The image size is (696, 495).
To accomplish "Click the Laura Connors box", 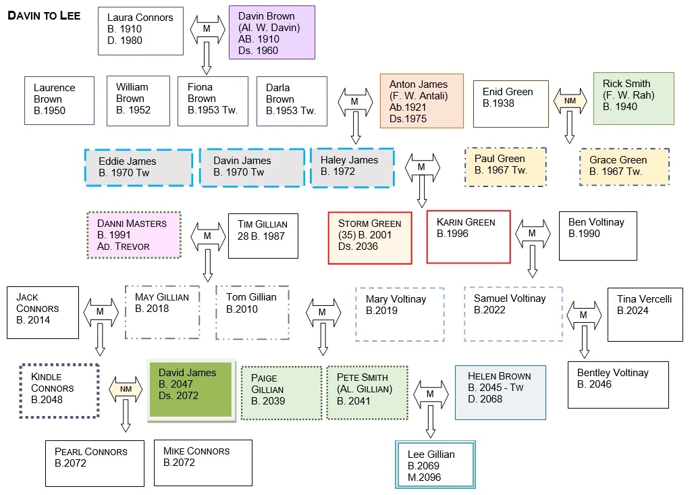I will tap(140, 31).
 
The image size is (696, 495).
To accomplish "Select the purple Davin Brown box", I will tap(271, 32).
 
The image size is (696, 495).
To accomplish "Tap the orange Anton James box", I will tap(421, 101).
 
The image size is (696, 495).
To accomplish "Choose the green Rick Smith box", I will tap(633, 99).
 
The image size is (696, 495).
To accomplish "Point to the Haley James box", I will tap(352, 166).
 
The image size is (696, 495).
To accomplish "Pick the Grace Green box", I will tap(624, 167).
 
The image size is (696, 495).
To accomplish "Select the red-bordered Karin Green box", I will tap(469, 236).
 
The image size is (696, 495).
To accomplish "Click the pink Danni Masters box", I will tap(134, 235).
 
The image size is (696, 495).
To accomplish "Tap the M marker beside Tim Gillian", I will tap(207, 236).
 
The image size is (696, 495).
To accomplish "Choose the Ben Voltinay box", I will tap(598, 236).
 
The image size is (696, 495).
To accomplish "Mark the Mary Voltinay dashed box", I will tap(400, 314).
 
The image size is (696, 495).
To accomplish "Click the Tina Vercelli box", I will tap(645, 314).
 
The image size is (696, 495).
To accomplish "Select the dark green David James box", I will tap(192, 390).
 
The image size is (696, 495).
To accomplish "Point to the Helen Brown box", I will tap(500, 392).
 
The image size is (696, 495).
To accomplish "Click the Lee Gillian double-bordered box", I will tap(435, 465).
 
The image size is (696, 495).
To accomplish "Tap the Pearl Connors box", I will tap(95, 463).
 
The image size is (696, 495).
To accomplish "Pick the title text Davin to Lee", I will tap(44, 16).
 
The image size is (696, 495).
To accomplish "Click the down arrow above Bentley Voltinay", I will tap(585, 342).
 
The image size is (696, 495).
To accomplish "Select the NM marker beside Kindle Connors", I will tap(126, 390).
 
